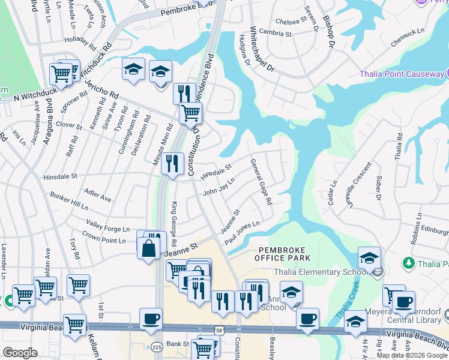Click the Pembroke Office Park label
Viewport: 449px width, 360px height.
(x=285, y=254)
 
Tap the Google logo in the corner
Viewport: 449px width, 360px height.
(x=20, y=352)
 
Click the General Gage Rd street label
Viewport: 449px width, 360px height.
(x=261, y=182)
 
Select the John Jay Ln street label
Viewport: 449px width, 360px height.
(x=218, y=187)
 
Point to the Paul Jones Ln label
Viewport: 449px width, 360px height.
(x=242, y=232)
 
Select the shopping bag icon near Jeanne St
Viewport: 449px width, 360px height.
(x=148, y=247)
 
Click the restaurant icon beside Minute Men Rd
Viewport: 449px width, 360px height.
(x=172, y=163)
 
